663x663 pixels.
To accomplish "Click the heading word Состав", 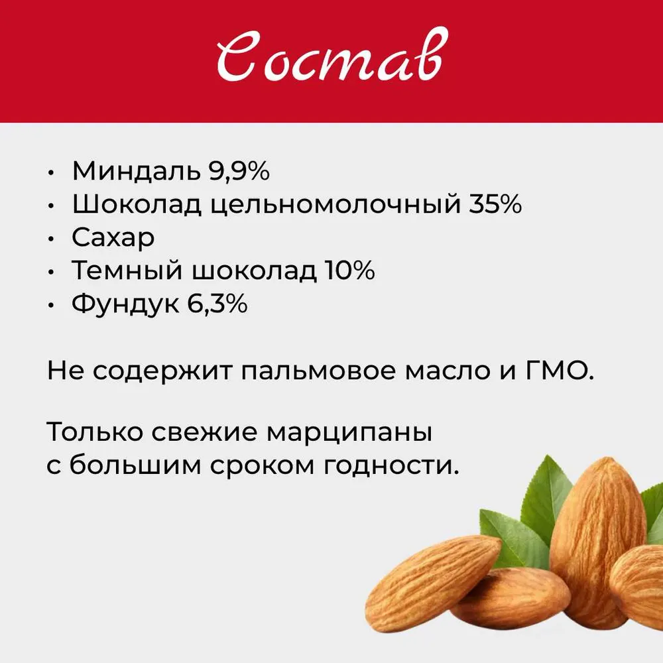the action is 332,55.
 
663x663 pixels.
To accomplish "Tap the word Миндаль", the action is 136,171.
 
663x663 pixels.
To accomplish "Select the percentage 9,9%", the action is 239,172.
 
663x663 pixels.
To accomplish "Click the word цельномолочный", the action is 335,205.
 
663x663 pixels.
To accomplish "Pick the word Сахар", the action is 113,238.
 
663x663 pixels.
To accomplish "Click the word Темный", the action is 127,271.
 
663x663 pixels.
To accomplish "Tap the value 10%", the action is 349,270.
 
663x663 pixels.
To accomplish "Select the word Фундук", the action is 125,304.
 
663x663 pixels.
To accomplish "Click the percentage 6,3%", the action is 217,304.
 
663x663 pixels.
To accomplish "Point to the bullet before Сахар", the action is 51,239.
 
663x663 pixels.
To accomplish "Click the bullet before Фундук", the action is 51,305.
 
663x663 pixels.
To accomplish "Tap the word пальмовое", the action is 319,371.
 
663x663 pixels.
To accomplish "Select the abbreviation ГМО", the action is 558,370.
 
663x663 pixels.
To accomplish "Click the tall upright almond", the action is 597,541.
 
